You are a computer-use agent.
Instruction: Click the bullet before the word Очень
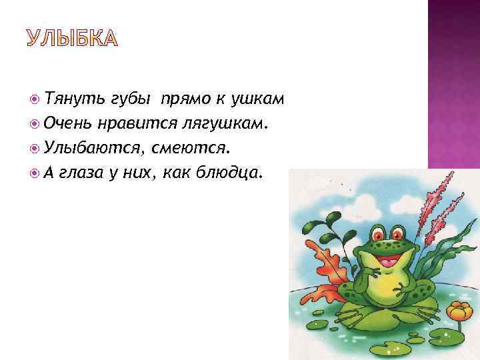coord(35,123)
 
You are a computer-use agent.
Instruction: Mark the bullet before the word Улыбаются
coord(35,147)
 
